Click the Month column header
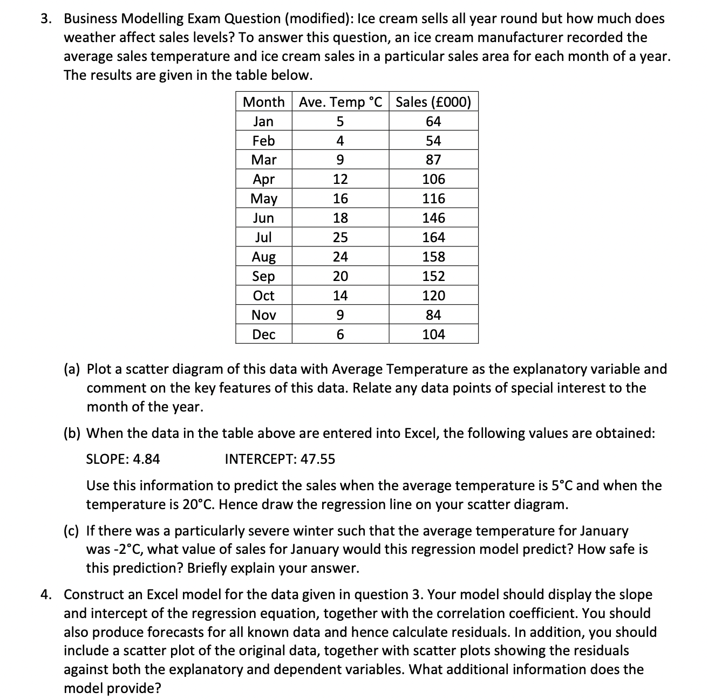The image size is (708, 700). click(263, 102)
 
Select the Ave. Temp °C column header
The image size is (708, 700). click(340, 102)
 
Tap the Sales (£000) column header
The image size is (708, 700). click(433, 102)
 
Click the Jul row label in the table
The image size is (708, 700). click(263, 237)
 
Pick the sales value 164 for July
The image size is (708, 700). click(433, 237)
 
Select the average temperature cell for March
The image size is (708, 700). click(340, 160)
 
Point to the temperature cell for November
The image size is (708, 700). click(340, 315)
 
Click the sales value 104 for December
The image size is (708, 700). click(433, 334)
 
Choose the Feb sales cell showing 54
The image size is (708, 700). click(433, 141)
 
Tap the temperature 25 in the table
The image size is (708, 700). click(340, 237)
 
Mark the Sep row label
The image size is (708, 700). click(263, 276)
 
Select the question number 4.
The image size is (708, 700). click(47, 595)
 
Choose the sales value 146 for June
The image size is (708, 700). click(433, 218)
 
